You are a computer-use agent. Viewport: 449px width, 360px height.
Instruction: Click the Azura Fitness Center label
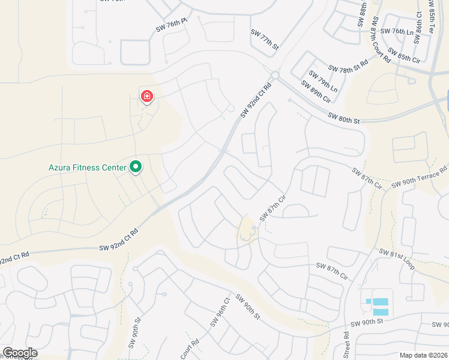pos(88,167)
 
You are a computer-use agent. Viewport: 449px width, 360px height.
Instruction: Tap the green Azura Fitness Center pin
pos(136,167)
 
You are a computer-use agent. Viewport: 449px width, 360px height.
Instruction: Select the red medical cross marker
pos(146,96)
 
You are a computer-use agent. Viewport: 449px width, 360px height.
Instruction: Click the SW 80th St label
pos(344,118)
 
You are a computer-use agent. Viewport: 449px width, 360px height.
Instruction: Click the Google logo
pos(20,353)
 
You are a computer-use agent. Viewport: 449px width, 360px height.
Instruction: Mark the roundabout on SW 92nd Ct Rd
pos(275,76)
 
